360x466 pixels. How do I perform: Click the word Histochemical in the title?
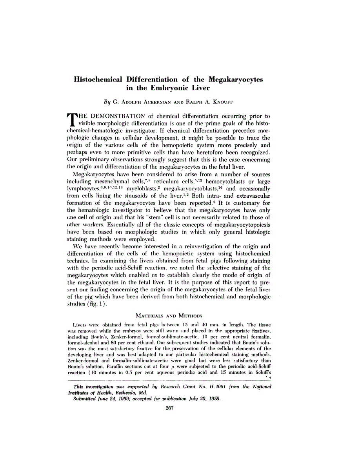click(98, 79)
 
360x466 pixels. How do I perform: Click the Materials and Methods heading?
click(168, 315)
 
